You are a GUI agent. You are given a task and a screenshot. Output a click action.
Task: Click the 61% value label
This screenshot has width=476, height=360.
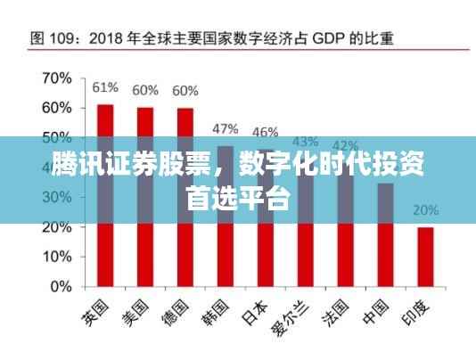tap(105, 87)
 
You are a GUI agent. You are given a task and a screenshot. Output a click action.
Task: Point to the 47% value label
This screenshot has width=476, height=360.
tap(225, 128)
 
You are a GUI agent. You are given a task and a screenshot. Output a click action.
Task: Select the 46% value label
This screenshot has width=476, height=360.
tap(265, 132)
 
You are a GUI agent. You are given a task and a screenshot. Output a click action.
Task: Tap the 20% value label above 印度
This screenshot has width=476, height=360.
tap(425, 211)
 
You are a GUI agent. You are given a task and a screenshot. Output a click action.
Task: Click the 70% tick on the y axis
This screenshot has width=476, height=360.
tap(56, 78)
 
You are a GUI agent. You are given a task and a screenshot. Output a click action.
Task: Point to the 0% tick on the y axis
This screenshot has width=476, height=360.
tap(60, 287)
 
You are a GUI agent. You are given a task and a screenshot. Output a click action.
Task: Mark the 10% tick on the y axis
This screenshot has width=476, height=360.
tap(56, 257)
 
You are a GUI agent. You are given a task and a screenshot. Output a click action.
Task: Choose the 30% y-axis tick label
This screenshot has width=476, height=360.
tap(56, 198)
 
